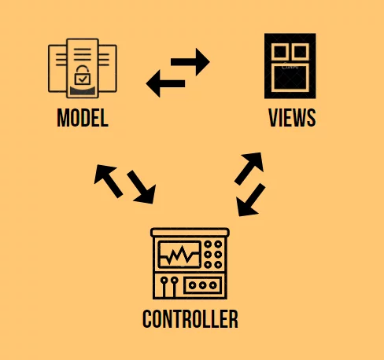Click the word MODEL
83,118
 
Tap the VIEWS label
292,118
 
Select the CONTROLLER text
190,319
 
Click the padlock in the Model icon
83,75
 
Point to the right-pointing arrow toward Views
190,62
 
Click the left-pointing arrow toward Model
165,83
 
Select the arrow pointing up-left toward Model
108,180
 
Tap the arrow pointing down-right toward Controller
142,187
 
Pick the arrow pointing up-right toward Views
249,168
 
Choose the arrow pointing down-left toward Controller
250,200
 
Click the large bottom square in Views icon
290,78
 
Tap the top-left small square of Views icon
280,52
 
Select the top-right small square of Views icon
301,52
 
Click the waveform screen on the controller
179,255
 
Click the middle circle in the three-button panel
202,285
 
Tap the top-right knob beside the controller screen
218,244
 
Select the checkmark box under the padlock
83,79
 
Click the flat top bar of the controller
190,232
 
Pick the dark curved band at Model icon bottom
83,91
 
